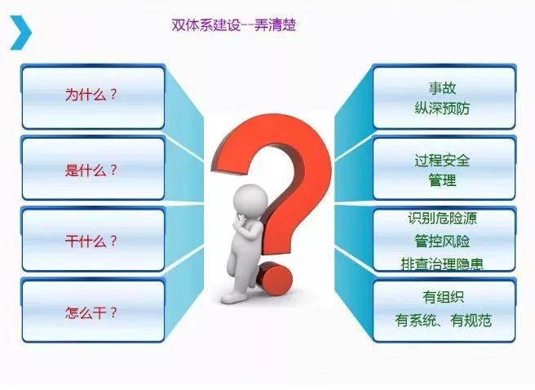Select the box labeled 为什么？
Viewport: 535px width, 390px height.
[92, 96]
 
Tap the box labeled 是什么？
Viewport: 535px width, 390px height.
[92, 171]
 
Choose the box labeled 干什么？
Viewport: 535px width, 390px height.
[92, 242]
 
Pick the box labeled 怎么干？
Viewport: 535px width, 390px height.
[92, 312]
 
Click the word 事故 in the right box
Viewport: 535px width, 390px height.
[443, 87]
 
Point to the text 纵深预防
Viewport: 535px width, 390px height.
[443, 108]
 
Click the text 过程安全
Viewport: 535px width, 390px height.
[443, 161]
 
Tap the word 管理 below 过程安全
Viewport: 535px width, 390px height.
[443, 180]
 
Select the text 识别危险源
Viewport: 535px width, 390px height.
[443, 219]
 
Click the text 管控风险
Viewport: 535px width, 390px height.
[443, 242]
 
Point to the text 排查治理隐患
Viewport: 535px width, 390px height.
[443, 264]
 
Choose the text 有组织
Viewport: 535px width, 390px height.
[443, 299]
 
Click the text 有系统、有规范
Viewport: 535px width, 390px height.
[443, 321]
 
